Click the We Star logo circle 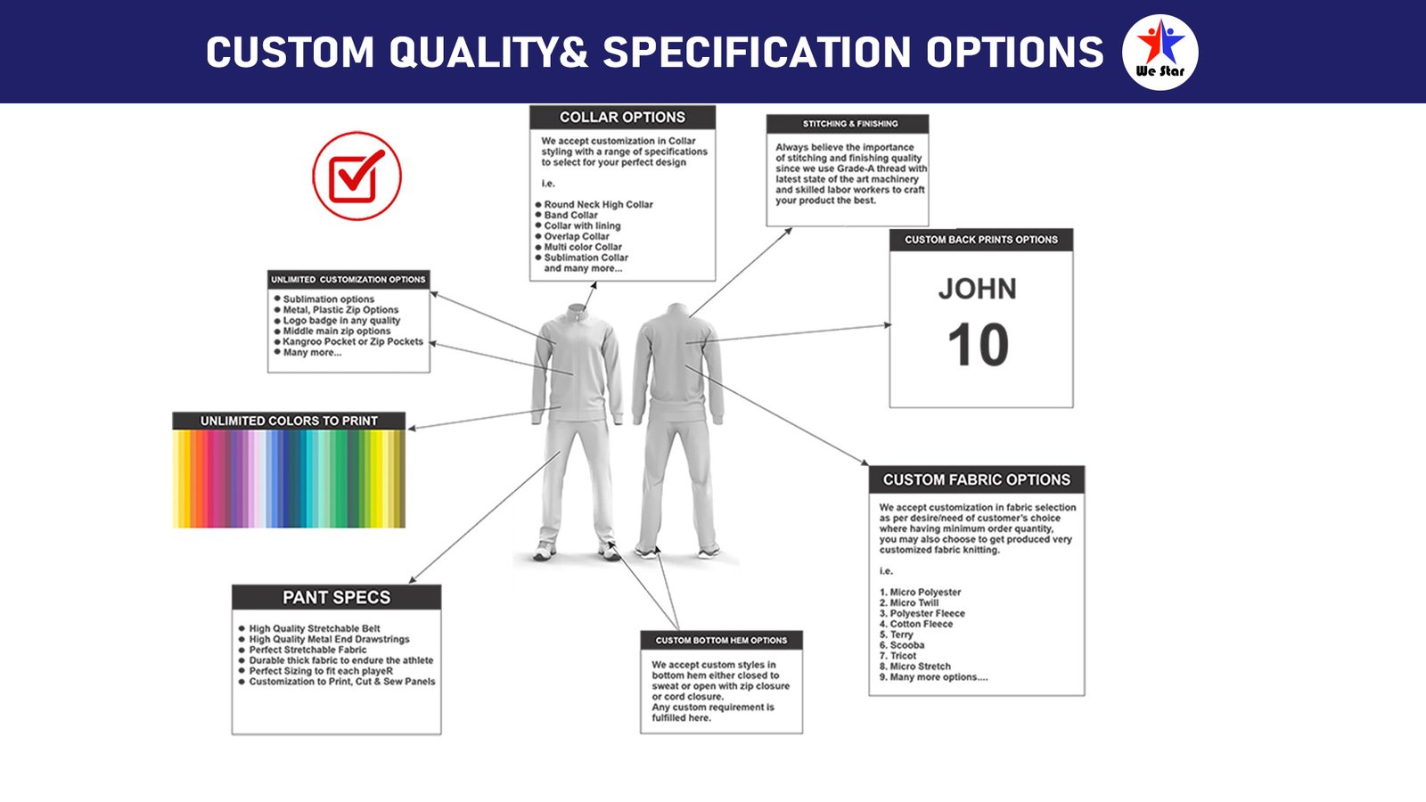[x=1160, y=53]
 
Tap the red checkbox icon [x=357, y=176]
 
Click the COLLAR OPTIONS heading [x=622, y=117]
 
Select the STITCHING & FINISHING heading [x=850, y=124]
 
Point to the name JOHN [x=977, y=289]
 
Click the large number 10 [x=978, y=344]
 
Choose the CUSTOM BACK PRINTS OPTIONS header [x=981, y=240]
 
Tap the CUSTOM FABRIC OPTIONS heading [x=977, y=480]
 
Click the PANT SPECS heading [x=336, y=597]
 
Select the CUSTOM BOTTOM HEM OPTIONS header [x=721, y=641]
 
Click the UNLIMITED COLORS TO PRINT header [x=289, y=421]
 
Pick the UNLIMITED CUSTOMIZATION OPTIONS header [x=348, y=280]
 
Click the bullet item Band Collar [x=570, y=215]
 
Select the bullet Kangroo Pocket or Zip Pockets [x=348, y=342]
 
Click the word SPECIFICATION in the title [x=757, y=52]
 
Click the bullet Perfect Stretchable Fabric [x=302, y=650]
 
